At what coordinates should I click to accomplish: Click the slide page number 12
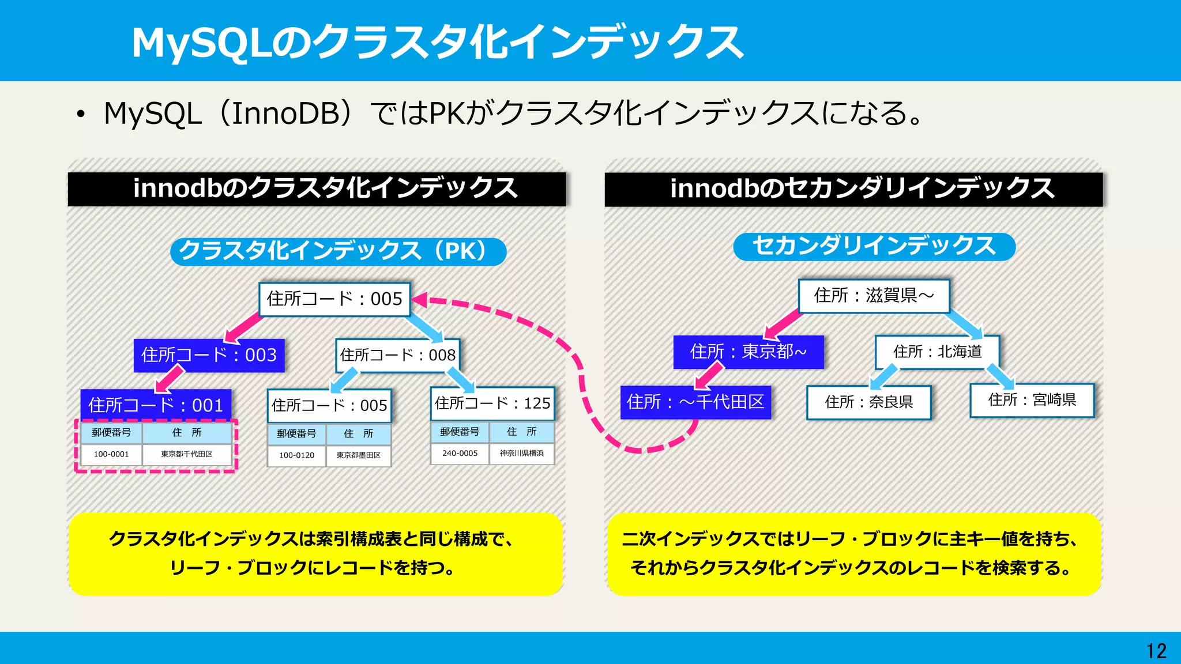(x=1156, y=651)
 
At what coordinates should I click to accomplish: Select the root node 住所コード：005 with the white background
(x=334, y=299)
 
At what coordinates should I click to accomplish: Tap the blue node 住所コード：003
(x=209, y=355)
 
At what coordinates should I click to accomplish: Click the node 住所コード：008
(x=398, y=355)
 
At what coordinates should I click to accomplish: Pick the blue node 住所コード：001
(x=156, y=405)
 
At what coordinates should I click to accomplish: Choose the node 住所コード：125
(x=492, y=403)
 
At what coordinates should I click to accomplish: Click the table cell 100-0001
(x=111, y=454)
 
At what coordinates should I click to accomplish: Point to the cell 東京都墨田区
(x=358, y=455)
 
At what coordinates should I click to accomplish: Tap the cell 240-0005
(x=460, y=453)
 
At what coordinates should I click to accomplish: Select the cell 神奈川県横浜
(x=521, y=453)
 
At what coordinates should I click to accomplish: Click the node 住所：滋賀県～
(x=874, y=296)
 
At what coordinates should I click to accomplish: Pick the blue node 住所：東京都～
(x=749, y=352)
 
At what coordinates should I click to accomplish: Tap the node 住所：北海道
(x=937, y=352)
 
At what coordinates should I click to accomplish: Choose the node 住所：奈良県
(x=868, y=402)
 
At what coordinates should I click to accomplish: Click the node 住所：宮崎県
(x=1032, y=400)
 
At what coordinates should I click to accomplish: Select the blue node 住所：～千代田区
(x=695, y=402)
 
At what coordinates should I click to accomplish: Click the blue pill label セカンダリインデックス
(x=874, y=246)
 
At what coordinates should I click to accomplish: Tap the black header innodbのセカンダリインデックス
(x=853, y=189)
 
